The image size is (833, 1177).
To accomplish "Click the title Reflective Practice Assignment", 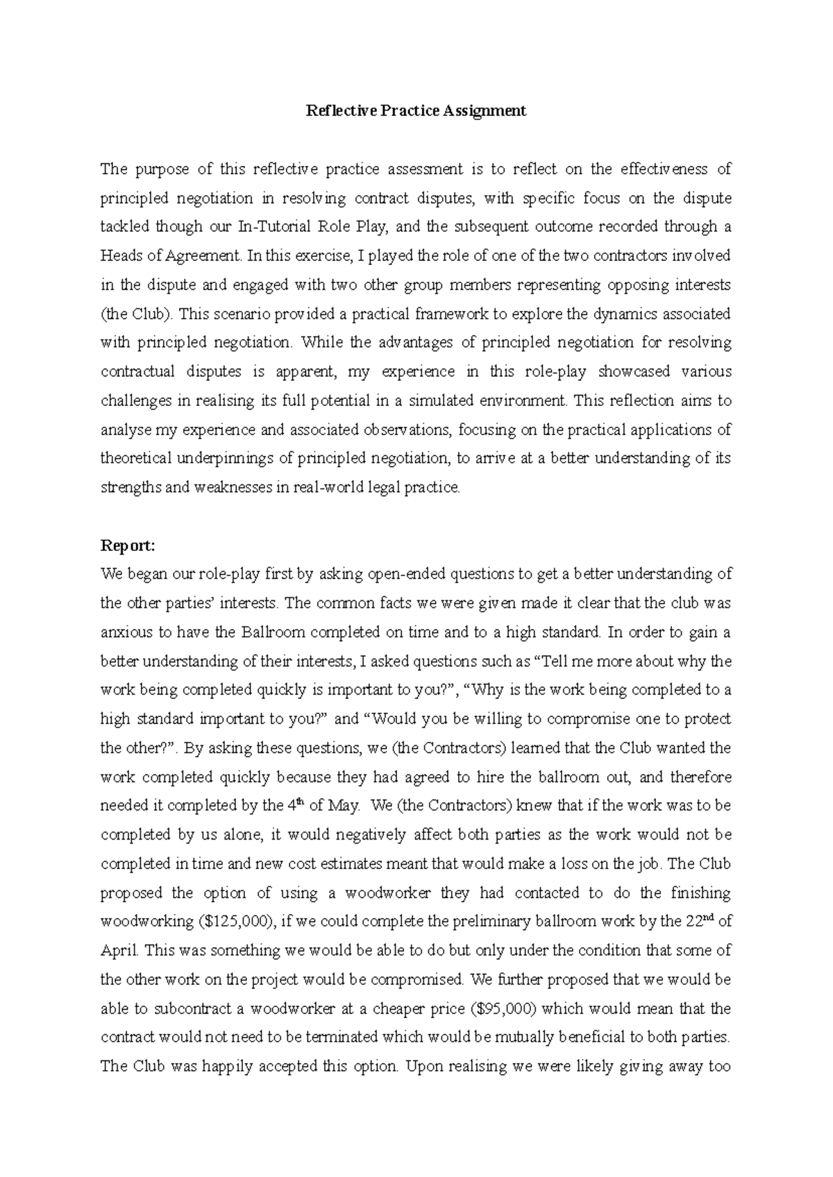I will tap(416, 111).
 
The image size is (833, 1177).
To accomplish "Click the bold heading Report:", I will tap(127, 545).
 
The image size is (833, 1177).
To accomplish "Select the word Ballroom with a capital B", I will tap(274, 632).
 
